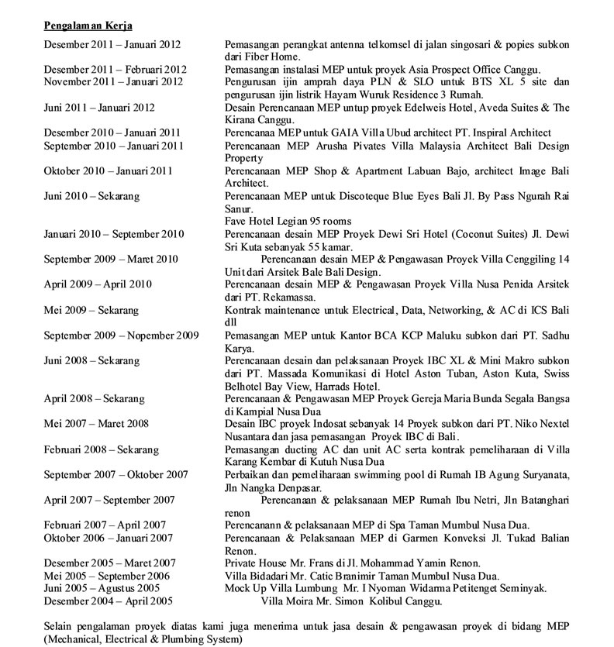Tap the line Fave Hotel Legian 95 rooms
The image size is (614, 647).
287,222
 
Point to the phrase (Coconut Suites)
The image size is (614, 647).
498,234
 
